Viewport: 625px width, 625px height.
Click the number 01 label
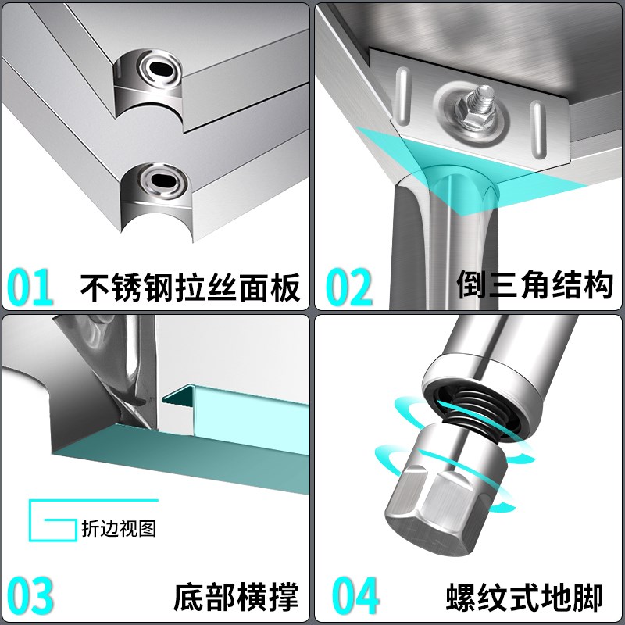point(31,287)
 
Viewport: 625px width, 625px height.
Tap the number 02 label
point(349,287)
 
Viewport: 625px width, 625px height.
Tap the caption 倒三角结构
point(534,287)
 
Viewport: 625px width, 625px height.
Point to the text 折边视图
point(119,528)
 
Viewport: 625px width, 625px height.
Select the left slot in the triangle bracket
point(402,94)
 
